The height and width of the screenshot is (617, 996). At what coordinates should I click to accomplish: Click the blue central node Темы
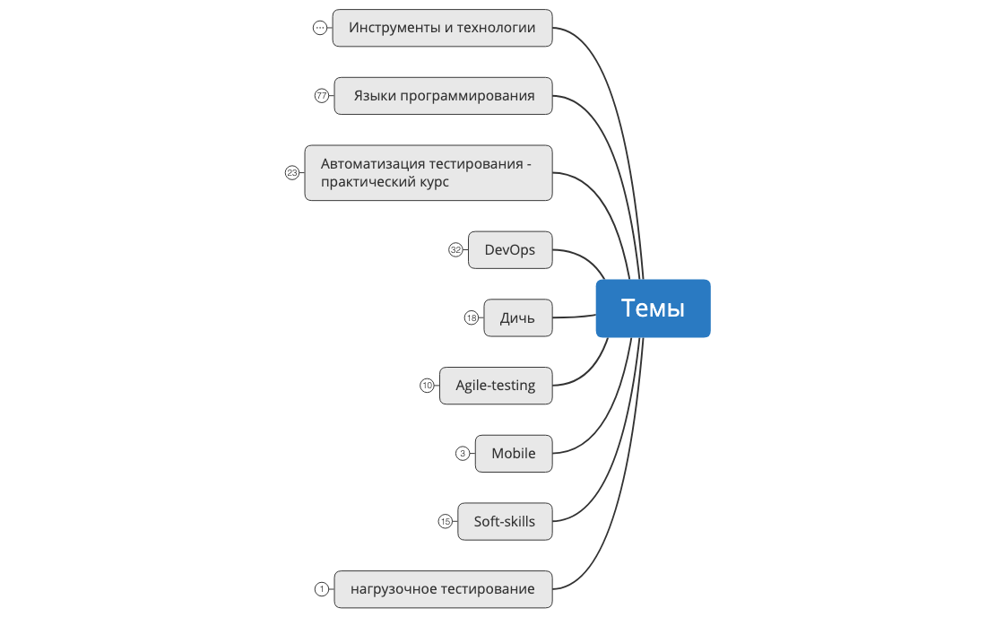click(653, 308)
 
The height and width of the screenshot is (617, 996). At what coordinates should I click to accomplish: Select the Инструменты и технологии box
click(442, 28)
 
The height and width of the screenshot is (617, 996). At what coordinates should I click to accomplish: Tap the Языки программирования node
click(443, 96)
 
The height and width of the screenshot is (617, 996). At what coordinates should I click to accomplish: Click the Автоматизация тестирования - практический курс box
click(429, 173)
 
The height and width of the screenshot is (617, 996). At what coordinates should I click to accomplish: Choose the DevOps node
click(509, 250)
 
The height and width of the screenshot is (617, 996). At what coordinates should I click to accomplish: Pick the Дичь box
click(517, 318)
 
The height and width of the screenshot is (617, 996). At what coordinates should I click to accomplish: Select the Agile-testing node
click(495, 386)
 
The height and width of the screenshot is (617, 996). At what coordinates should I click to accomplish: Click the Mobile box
click(513, 454)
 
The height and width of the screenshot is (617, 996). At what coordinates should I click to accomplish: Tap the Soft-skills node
click(504, 522)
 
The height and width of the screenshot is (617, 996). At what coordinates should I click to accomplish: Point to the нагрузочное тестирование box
click(443, 589)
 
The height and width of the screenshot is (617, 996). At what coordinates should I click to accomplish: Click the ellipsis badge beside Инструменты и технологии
click(320, 28)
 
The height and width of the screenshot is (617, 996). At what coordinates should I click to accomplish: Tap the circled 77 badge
click(322, 96)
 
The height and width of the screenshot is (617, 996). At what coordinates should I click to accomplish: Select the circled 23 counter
click(292, 173)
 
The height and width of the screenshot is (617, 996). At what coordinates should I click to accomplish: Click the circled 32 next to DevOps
click(455, 250)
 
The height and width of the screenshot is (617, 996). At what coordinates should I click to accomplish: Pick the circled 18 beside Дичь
click(472, 318)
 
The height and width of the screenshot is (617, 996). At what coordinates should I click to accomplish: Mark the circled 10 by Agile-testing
click(427, 386)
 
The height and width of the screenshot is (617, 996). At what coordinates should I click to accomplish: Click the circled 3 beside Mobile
click(463, 454)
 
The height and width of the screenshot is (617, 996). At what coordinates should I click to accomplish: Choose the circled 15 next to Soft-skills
click(446, 522)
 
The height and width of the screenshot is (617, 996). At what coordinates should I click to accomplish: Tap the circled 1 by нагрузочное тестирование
click(322, 589)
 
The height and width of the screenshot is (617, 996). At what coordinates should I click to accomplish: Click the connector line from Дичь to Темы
click(574, 317)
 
